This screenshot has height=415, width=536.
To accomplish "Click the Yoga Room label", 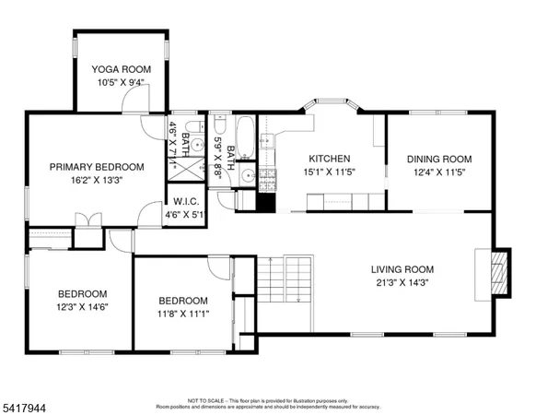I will (120, 69).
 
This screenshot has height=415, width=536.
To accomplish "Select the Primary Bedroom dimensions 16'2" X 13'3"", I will (96, 180).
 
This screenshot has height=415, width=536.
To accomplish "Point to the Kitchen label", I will (329, 158).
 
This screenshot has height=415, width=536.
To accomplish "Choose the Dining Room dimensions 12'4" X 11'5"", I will (438, 172).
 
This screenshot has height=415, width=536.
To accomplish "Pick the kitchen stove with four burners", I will (268, 177).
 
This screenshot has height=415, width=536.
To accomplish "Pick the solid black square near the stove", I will (268, 202).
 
